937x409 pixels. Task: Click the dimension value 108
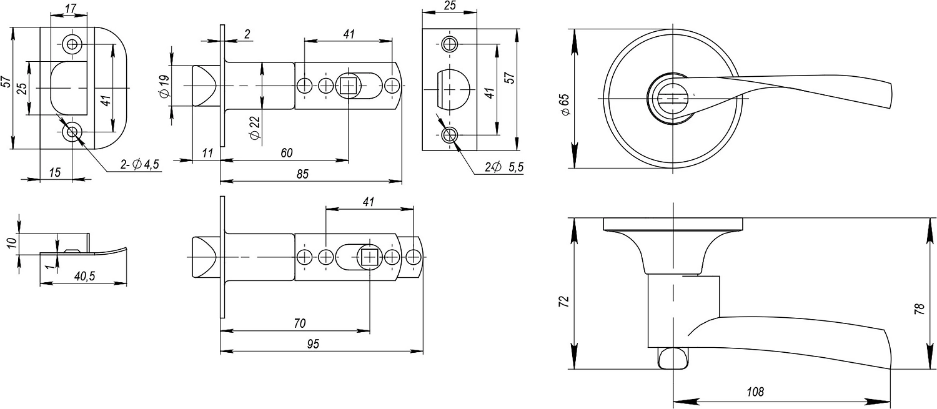click(755, 392)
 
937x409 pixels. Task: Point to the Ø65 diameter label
click(565, 104)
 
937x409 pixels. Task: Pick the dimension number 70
click(299, 323)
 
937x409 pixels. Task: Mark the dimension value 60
click(286, 153)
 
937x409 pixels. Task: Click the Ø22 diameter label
click(254, 129)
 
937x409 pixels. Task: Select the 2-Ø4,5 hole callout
click(141, 165)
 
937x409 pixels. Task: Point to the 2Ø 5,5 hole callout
click(503, 167)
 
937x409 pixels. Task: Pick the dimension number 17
click(71, 9)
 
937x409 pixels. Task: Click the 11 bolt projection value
click(208, 153)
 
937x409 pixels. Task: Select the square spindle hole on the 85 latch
click(347, 85)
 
